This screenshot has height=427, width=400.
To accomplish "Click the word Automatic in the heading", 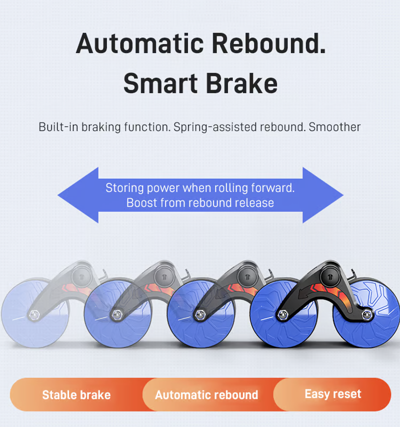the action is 140,43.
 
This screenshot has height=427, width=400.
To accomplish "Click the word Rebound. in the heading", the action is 268,43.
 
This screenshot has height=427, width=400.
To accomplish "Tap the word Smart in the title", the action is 160,83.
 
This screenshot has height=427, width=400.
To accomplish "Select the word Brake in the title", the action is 241,83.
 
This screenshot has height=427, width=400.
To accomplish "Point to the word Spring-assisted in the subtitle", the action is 215,127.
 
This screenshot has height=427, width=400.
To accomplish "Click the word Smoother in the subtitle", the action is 334,127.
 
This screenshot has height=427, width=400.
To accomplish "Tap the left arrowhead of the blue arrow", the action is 78,195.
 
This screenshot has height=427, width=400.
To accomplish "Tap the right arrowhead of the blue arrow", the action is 323,195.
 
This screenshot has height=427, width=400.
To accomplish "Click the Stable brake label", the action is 76,395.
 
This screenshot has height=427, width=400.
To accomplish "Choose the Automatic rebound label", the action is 206,395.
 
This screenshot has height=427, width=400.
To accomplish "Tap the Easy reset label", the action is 333,394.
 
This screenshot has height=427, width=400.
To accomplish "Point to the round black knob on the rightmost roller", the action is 330,277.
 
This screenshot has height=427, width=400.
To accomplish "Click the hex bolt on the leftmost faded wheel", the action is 34,315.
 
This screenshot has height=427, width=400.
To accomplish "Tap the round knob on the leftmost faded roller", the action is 81,277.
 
